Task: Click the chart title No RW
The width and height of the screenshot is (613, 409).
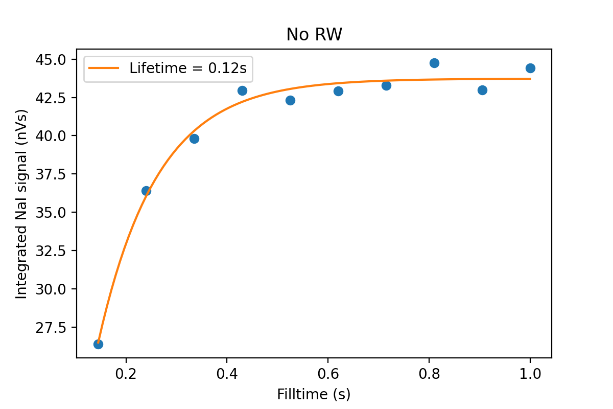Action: click(x=314, y=34)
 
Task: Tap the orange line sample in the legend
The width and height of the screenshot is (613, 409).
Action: click(x=104, y=68)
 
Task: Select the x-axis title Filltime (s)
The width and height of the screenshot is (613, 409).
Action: click(x=314, y=394)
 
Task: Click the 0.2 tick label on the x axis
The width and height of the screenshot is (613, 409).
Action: click(x=126, y=373)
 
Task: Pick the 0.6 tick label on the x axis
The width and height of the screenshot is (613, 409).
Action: click(x=328, y=373)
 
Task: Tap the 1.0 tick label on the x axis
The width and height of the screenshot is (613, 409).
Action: click(x=530, y=373)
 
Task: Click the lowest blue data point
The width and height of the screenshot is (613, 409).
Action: click(x=98, y=344)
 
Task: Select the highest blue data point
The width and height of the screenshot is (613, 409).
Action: click(x=434, y=63)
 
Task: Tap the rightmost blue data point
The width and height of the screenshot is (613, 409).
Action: click(x=530, y=68)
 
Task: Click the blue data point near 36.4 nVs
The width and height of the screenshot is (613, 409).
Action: click(x=146, y=191)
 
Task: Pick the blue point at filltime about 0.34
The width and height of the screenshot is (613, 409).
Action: click(x=194, y=139)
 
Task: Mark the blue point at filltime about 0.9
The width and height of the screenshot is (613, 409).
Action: click(x=482, y=90)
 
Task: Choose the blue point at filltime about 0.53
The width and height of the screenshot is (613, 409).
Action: click(x=290, y=100)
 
